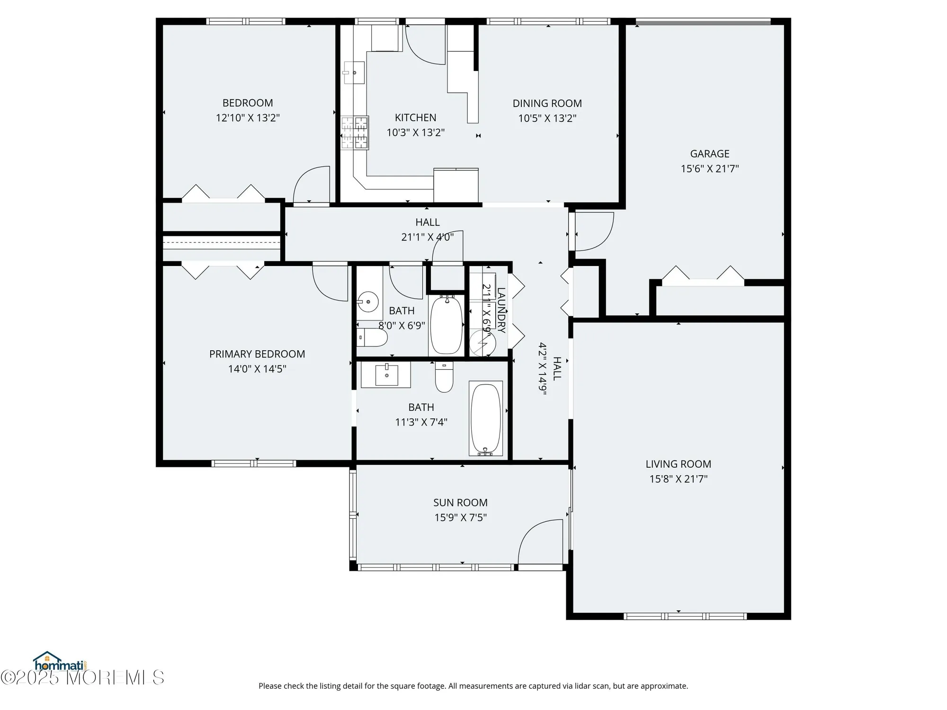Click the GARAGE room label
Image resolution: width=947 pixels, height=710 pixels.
pyautogui.click(x=709, y=153)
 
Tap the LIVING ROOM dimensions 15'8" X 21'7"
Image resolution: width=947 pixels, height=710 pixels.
pyautogui.click(x=678, y=479)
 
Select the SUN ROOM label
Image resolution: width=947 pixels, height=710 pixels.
pyautogui.click(x=460, y=503)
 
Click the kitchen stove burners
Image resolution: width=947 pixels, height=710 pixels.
pyautogui.click(x=355, y=133)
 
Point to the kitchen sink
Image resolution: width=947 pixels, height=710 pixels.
pyautogui.click(x=354, y=73)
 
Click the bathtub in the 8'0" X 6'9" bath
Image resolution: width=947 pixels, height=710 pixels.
pyautogui.click(x=447, y=325)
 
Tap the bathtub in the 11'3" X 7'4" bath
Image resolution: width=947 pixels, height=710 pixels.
pyautogui.click(x=485, y=418)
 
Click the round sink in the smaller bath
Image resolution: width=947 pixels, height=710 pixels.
pyautogui.click(x=368, y=301)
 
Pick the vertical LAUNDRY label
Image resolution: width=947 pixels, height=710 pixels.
pyautogui.click(x=501, y=310)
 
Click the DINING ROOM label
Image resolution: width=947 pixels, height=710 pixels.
pyautogui.click(x=547, y=103)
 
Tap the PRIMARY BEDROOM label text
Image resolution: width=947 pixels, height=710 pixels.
pyautogui.click(x=257, y=354)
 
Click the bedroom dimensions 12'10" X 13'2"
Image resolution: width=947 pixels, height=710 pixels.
pyautogui.click(x=248, y=118)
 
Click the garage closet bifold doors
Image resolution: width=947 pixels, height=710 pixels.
pyautogui.click(x=703, y=277)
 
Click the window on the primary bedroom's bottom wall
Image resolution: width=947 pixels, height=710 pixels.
pyautogui.click(x=254, y=463)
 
